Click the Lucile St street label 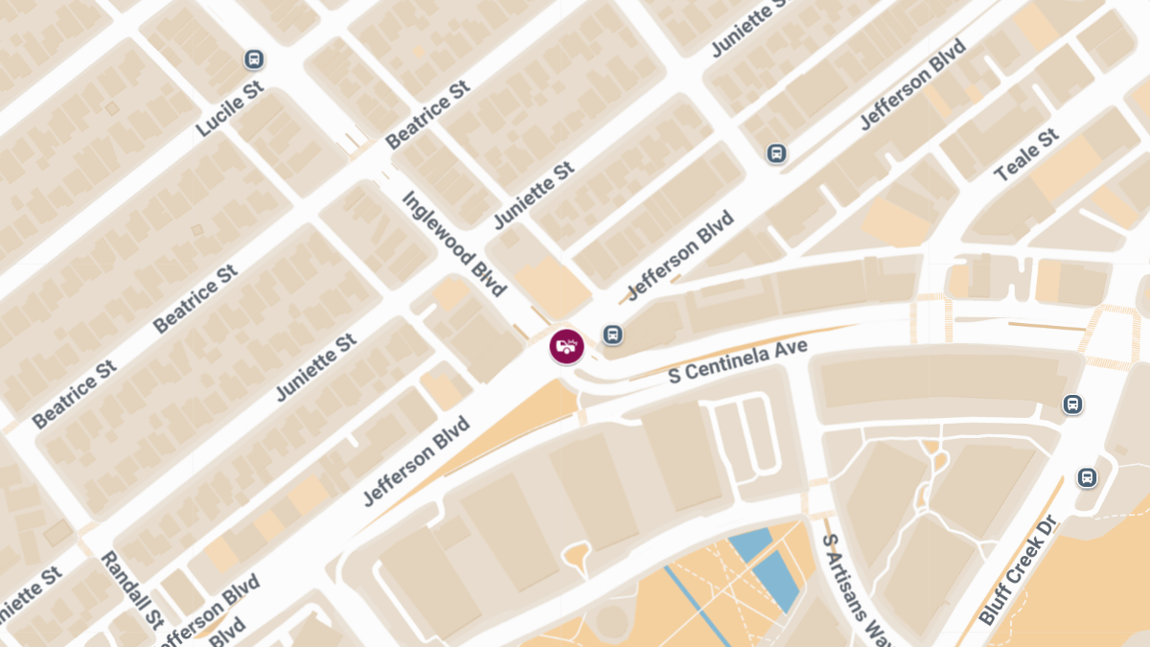coord(230,114)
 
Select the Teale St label coord(1026,155)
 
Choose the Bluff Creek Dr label coord(1017,569)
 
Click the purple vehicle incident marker coord(566,346)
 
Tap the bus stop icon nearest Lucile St coord(254,59)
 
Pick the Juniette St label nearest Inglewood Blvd coord(534,196)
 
